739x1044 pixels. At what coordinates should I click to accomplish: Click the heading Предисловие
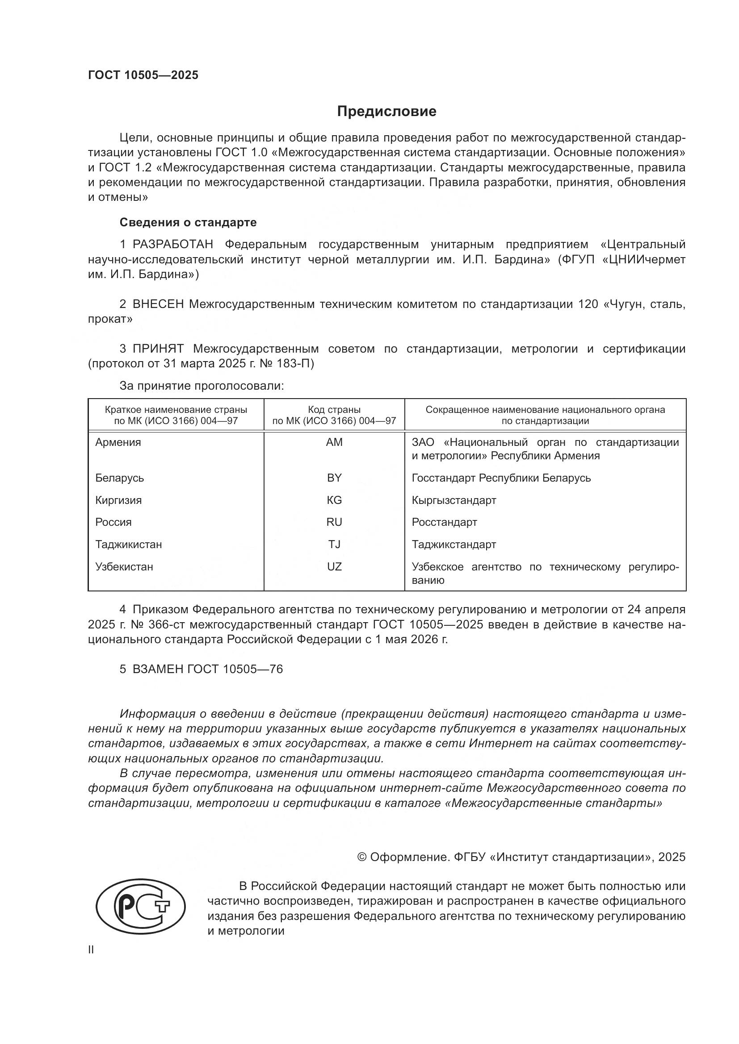click(x=386, y=112)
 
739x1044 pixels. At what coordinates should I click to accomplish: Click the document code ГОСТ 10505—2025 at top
click(x=143, y=75)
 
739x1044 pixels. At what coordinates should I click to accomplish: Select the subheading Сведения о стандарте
click(x=188, y=222)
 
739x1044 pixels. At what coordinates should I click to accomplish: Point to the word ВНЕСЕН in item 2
click(x=158, y=304)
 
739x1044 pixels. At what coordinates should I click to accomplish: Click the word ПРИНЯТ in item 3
click(x=158, y=349)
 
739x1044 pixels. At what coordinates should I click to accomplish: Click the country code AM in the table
click(x=334, y=442)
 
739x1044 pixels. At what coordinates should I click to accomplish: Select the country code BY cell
click(x=334, y=478)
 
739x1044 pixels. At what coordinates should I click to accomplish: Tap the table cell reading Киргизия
click(x=118, y=500)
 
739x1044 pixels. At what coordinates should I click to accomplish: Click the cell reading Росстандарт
click(x=444, y=522)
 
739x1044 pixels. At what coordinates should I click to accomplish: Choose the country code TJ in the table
click(x=334, y=544)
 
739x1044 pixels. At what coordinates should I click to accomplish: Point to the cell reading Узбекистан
click(x=124, y=566)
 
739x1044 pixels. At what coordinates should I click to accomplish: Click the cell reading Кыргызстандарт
click(x=453, y=500)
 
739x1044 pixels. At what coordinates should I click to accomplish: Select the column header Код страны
click(x=334, y=409)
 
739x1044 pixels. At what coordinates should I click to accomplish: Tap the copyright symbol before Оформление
click(x=362, y=857)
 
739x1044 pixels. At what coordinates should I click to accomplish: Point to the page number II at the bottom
click(x=91, y=950)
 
